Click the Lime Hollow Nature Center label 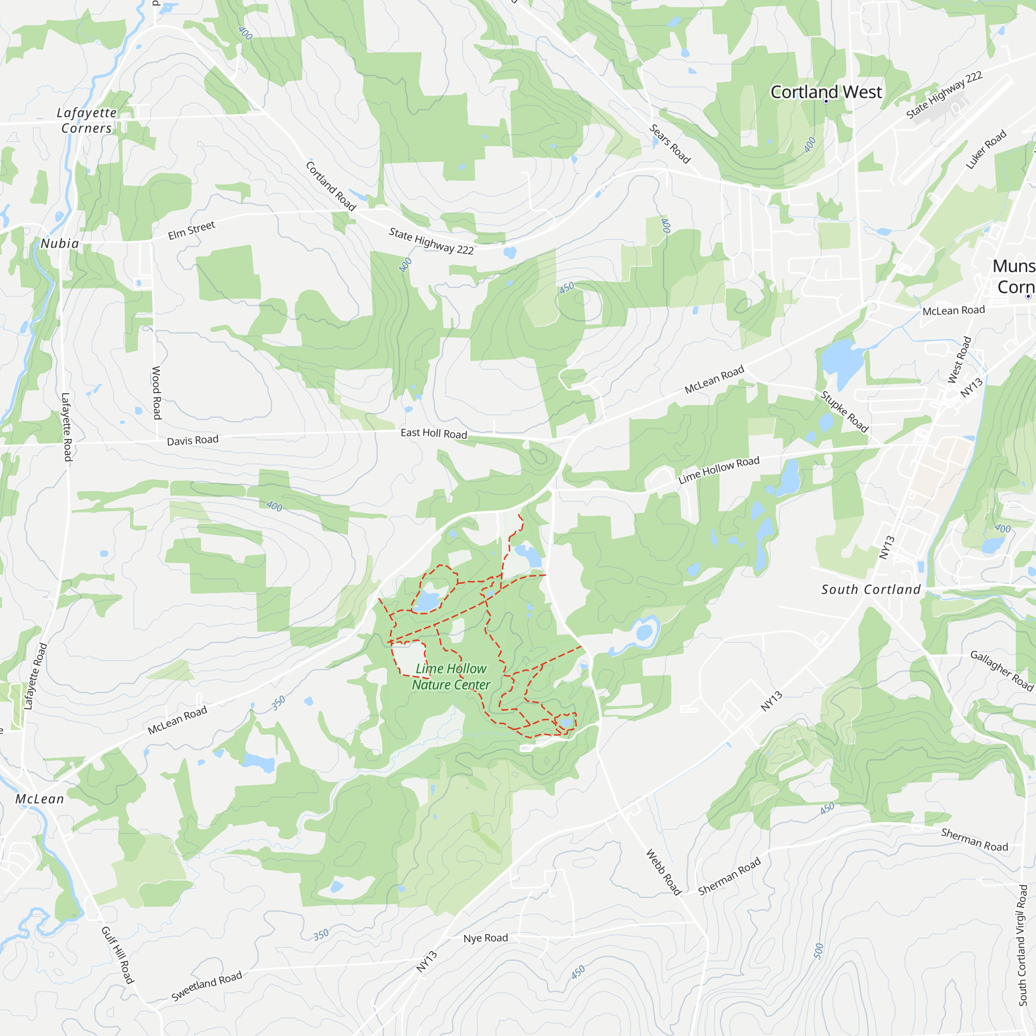coord(451,677)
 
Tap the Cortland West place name coord(826,92)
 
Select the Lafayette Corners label coord(87,120)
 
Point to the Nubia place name coord(60,243)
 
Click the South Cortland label coord(871,590)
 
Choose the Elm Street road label coord(192,231)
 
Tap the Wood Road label coord(156,393)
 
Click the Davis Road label coord(193,440)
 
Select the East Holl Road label coord(434,433)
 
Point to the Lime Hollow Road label coord(718,470)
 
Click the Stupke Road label coord(844,412)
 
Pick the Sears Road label coord(670,143)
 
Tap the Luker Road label coord(986,149)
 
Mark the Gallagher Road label coord(1002,670)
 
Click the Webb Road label coord(664,872)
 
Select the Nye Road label coord(485,938)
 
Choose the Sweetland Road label coord(207,986)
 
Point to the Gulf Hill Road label coord(118,955)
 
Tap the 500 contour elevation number coord(818,951)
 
